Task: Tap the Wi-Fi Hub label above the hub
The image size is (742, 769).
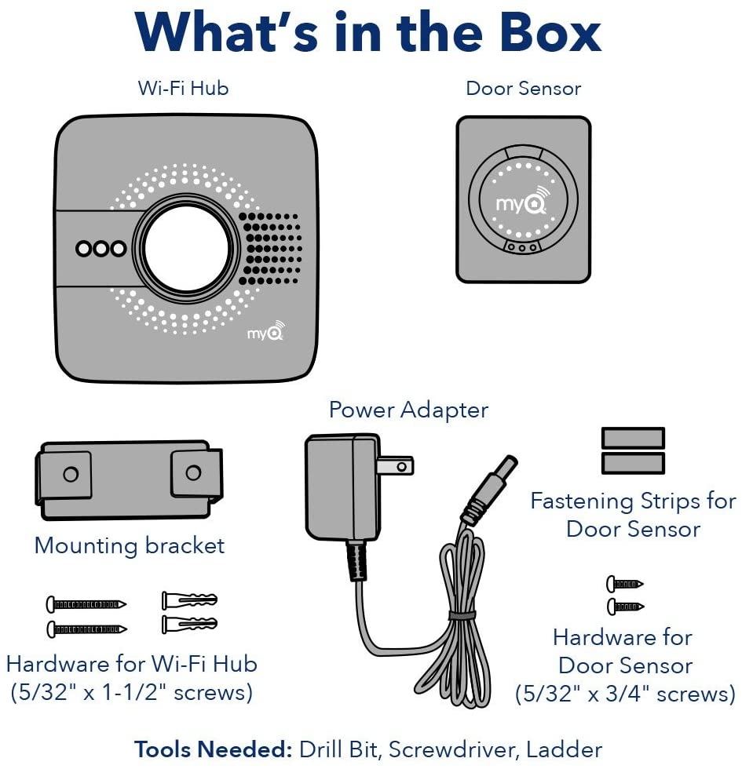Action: pos(183,88)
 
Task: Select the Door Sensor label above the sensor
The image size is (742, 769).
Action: pos(524,88)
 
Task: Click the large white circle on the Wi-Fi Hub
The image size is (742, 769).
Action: pos(186,248)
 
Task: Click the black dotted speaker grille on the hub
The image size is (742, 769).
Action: pos(269,248)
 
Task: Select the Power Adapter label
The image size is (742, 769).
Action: pos(408,410)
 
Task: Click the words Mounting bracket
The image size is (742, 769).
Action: pos(130,545)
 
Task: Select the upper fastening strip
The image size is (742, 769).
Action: pos(633,438)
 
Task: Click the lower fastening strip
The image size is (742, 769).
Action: pos(633,463)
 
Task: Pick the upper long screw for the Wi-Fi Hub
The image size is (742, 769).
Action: pos(86,604)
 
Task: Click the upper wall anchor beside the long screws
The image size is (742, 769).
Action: pos(189,601)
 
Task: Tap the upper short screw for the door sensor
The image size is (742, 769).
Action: pos(624,584)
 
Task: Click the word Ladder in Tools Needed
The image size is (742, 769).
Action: pos(563,749)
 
